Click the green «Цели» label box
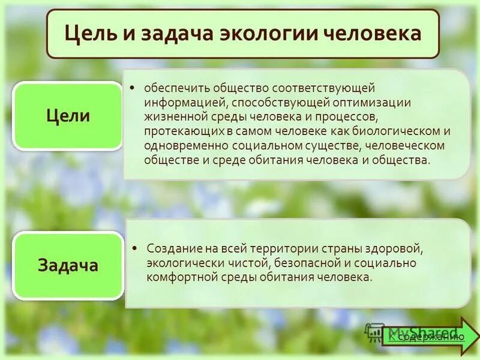pos(68,116)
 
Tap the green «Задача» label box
pos(68,265)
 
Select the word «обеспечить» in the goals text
pos(173,88)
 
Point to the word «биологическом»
pos(394,131)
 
